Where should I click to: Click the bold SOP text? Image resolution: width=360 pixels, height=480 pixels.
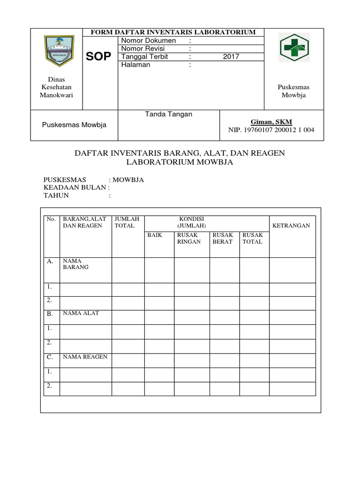tap(99, 57)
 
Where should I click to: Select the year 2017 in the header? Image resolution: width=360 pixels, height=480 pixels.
tap(231, 57)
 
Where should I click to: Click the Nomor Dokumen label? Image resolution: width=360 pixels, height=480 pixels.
tap(149, 40)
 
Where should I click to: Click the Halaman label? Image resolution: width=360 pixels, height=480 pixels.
tap(136, 65)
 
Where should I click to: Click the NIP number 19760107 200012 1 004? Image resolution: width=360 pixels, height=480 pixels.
tap(271, 130)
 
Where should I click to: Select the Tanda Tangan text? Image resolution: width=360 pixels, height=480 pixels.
tap(169, 114)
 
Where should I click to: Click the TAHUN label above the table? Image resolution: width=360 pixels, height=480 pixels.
tap(56, 195)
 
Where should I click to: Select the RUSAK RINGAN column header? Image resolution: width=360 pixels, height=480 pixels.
tap(189, 238)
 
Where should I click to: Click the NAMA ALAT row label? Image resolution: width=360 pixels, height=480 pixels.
tap(81, 313)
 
